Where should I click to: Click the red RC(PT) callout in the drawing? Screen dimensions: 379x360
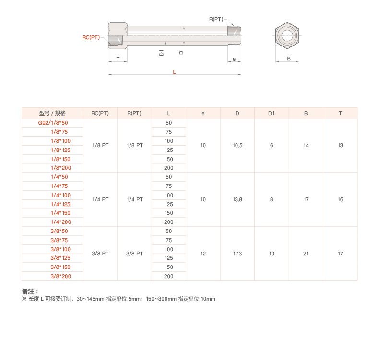(91, 37)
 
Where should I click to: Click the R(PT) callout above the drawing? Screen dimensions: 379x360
(216, 19)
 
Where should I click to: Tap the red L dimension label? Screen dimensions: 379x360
(174, 72)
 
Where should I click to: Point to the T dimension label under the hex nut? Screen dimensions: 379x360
(118, 59)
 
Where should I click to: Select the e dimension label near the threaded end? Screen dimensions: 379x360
(234, 59)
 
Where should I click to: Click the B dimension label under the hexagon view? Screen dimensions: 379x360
(289, 58)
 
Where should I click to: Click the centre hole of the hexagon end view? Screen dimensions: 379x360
(287, 36)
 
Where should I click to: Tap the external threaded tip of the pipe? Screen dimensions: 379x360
(234, 35)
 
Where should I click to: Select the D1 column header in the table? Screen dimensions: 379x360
(272, 113)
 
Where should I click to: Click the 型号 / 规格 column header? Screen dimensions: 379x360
(52, 113)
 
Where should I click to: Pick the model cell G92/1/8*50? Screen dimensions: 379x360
(53, 123)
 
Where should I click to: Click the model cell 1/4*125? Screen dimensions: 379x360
(60, 204)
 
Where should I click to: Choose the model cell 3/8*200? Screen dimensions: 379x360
(60, 276)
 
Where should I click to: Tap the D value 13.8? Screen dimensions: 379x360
(237, 199)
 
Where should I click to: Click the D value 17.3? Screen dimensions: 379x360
(237, 254)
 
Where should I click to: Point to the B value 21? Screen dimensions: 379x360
(306, 254)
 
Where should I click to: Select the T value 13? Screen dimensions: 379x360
(340, 145)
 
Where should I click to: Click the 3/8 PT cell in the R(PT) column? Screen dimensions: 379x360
(134, 254)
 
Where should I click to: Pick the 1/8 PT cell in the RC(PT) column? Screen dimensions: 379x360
(100, 145)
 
